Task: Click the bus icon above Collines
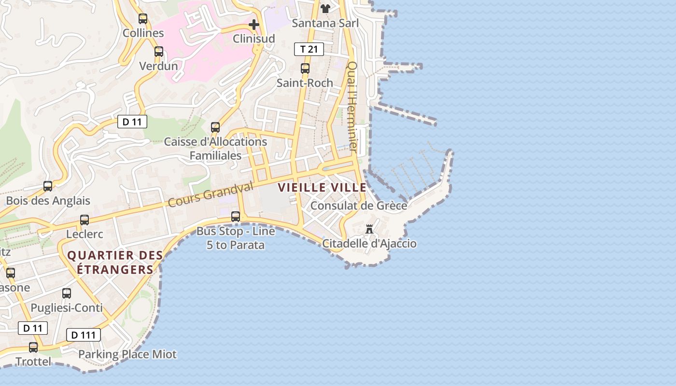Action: coord(143,19)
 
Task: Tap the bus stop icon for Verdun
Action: coord(159,52)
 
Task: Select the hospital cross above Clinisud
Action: coord(254,24)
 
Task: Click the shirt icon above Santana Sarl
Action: coord(325,9)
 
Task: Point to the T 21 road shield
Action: coord(309,49)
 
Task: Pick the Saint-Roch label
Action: coord(305,83)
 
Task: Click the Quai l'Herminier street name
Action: coord(352,107)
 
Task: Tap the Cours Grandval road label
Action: coord(211,194)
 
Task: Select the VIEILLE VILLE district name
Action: coord(322,188)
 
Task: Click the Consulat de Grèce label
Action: coord(359,206)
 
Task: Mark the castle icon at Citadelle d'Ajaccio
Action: coord(369,229)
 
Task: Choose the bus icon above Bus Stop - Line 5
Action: coord(236,217)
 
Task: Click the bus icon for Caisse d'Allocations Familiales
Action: coord(215,127)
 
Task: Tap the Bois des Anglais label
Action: coord(48,201)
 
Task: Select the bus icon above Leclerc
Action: coord(84,220)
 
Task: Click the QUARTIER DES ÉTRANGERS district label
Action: coord(110,262)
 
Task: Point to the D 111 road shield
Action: coord(83,335)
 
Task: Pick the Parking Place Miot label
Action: coord(127,354)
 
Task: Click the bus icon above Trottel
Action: coord(33,347)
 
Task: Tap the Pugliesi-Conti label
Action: coord(67,308)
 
